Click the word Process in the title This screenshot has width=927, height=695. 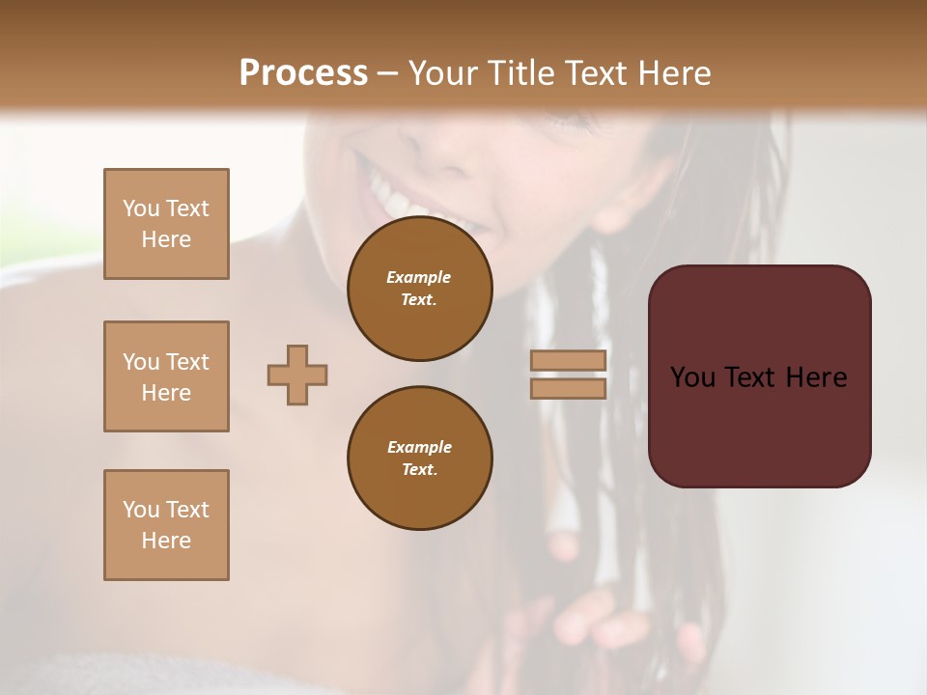(303, 73)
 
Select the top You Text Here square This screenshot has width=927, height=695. (166, 224)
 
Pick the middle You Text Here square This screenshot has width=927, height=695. (166, 376)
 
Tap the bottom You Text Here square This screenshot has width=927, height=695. (166, 525)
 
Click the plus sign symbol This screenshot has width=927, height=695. (297, 375)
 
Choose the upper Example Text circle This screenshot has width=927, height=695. (419, 289)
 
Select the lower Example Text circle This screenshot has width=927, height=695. (419, 459)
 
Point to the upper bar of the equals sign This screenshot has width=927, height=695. (569, 360)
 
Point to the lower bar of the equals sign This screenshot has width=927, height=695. (569, 388)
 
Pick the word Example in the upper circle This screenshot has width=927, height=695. (419, 277)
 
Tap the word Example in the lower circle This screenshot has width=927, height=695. (419, 447)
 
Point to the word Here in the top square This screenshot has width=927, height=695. (166, 239)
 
